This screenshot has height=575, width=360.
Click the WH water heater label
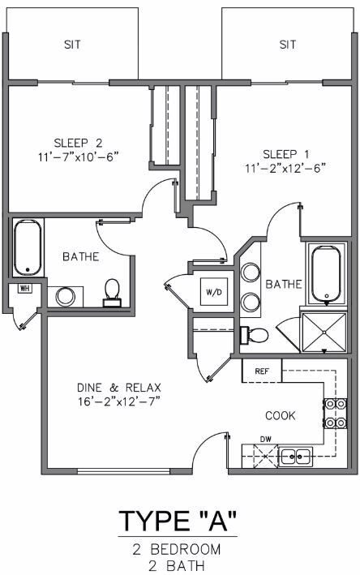click(x=24, y=288)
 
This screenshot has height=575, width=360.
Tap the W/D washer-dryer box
click(x=214, y=292)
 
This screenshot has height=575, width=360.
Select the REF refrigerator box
click(x=262, y=371)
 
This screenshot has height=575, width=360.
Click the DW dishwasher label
click(x=265, y=439)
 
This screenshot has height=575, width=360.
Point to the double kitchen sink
click(x=295, y=457)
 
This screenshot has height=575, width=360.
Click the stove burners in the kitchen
click(x=335, y=414)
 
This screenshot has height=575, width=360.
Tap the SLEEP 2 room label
click(x=78, y=143)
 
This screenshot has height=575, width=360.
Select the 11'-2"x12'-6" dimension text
click(x=285, y=168)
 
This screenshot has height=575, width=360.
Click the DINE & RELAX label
click(x=119, y=388)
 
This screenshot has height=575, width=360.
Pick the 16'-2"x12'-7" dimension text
click(x=119, y=401)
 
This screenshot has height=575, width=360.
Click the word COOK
click(x=280, y=415)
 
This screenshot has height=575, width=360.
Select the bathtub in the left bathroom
click(x=28, y=247)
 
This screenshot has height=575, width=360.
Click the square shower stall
click(x=324, y=333)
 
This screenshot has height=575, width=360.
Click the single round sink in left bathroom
click(x=65, y=297)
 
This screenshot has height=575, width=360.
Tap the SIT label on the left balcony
click(x=72, y=45)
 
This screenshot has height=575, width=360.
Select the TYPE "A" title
click(x=178, y=521)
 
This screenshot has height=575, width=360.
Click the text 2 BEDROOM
click(x=177, y=549)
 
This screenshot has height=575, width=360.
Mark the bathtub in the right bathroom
click(x=326, y=273)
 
